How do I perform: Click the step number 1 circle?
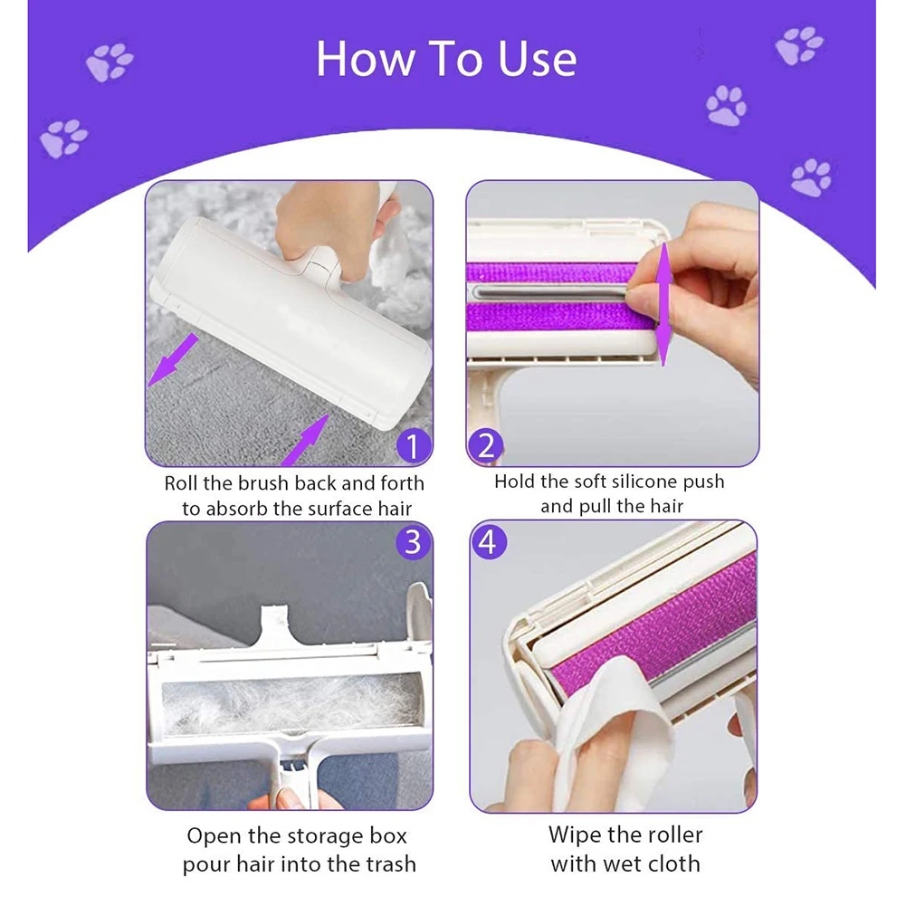413,446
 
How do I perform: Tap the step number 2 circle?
486,446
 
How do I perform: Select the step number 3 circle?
413,542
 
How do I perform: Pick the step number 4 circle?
489,542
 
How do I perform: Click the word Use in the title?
538,59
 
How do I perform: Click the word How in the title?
366,59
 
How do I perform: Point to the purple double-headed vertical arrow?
664,304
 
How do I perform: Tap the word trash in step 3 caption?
387,863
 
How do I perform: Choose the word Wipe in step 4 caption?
575,835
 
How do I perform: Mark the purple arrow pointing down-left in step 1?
173,360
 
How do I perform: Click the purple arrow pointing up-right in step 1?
305,440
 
